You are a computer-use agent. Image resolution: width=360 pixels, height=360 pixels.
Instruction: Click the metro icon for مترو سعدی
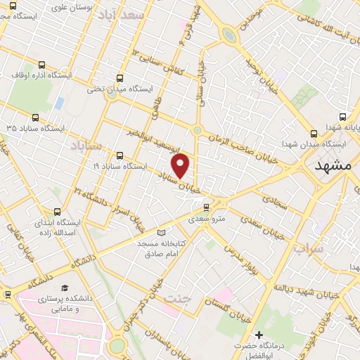click(205, 207)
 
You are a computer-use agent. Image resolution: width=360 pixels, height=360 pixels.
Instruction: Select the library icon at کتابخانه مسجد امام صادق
click(162, 233)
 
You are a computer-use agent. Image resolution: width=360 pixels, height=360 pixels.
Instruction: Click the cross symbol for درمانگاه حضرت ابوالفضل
click(259, 334)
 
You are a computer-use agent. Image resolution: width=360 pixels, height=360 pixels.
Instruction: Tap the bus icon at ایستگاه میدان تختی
click(120, 79)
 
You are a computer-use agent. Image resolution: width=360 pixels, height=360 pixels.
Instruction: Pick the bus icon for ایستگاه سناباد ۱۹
click(120, 156)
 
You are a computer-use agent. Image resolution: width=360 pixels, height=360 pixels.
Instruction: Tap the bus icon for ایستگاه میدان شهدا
click(314, 134)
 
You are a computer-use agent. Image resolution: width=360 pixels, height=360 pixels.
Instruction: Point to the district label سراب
click(309, 250)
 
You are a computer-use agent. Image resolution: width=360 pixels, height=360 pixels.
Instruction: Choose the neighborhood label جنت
click(176, 299)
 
